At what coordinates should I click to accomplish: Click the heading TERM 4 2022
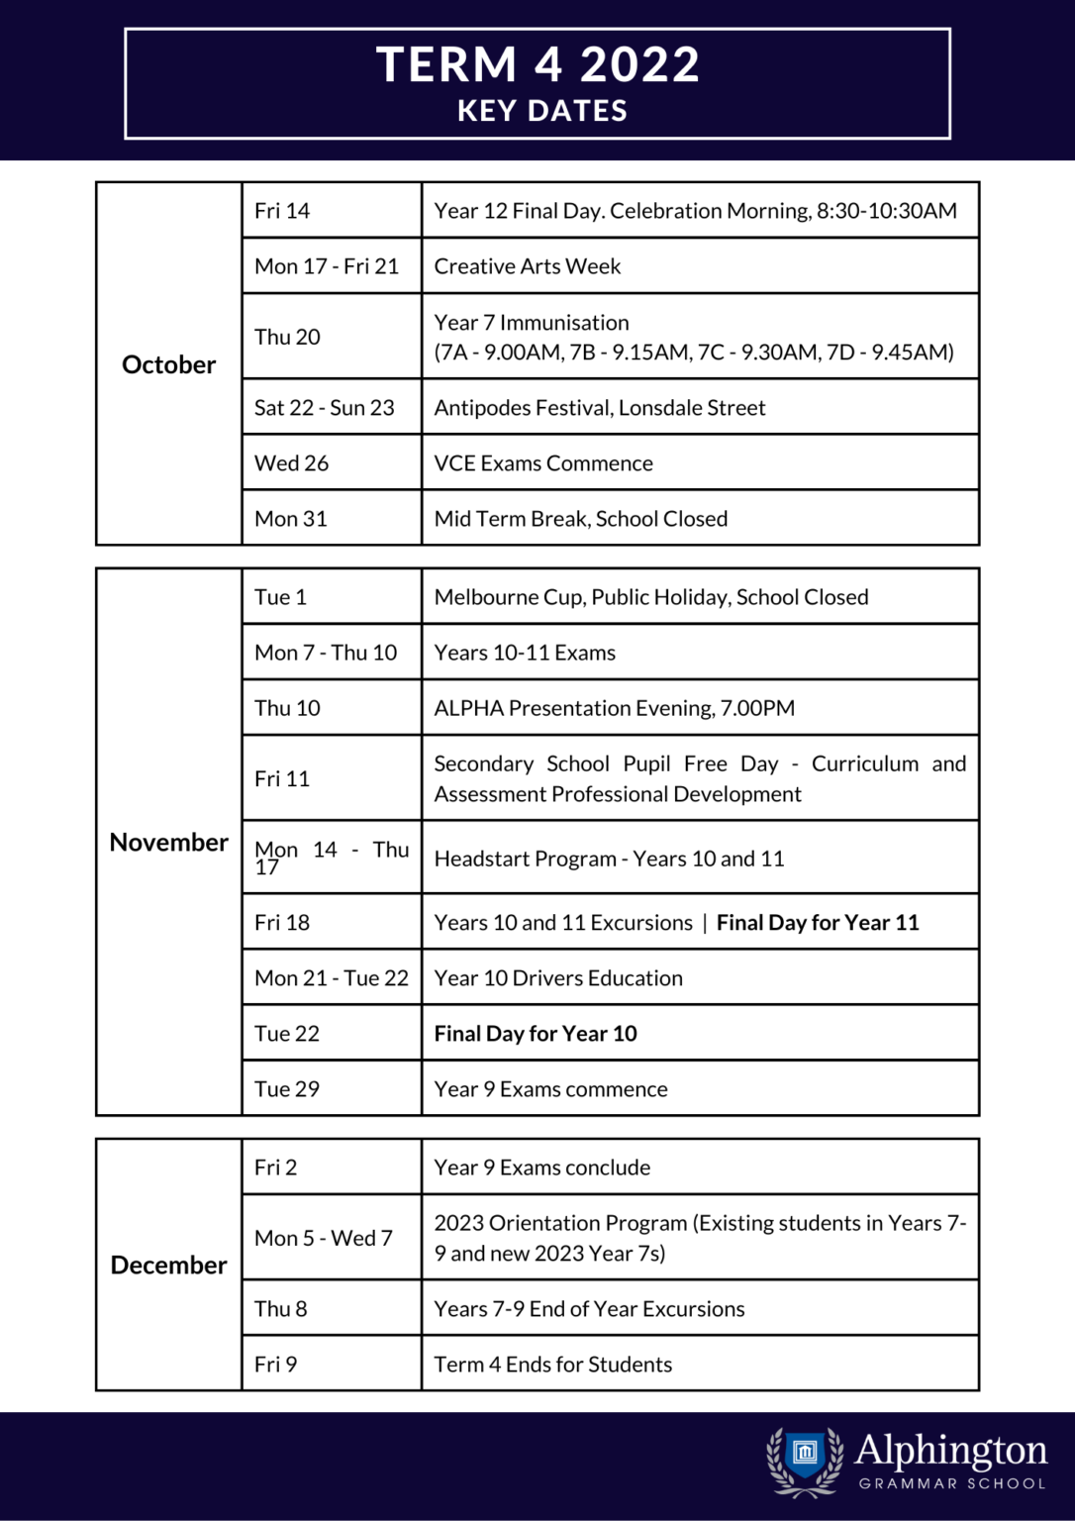coord(537,65)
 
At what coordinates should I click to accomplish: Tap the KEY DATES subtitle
coord(541,111)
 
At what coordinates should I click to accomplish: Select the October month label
coord(168,364)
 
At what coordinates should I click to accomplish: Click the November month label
coord(168,842)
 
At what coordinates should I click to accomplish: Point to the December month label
coord(168,1265)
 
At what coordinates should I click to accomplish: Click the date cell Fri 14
coord(282,211)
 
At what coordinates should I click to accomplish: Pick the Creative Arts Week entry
coord(527,266)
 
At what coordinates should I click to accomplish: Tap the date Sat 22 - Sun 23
coord(324,408)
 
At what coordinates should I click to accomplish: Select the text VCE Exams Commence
coord(542,463)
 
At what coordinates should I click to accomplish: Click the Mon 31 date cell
coord(290,519)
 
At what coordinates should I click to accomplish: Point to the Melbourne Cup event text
coord(650,597)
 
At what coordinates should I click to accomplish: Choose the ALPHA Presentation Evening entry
coord(614,708)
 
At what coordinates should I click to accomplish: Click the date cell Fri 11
coord(282,779)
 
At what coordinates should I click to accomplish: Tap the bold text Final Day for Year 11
coord(818,923)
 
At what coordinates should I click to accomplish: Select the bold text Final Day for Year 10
coord(536,1034)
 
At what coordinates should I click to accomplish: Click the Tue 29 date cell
coord(287,1089)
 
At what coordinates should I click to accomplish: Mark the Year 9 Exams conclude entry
coord(541,1167)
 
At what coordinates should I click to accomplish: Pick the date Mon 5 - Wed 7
coord(324,1238)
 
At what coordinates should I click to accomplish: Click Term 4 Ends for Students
coord(552,1365)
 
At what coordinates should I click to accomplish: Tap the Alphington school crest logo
coord(805,1459)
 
